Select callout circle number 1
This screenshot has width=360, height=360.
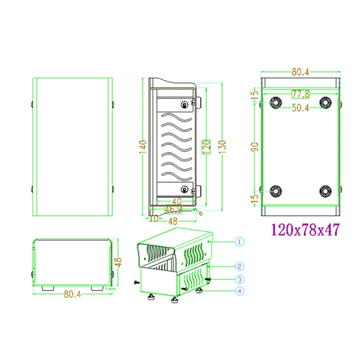pyautogui.click(x=239, y=242)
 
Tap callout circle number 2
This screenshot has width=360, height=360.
pyautogui.click(x=239, y=266)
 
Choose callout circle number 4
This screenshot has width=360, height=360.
pyautogui.click(x=239, y=291)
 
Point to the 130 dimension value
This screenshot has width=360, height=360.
pyautogui.click(x=222, y=147)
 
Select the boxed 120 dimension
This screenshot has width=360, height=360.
pyautogui.click(x=207, y=147)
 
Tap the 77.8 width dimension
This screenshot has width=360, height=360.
pyautogui.click(x=300, y=94)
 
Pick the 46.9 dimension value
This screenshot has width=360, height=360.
pyautogui.click(x=174, y=209)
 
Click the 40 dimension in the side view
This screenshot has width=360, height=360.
pyautogui.click(x=176, y=202)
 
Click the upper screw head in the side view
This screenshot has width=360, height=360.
pyautogui.click(x=184, y=104)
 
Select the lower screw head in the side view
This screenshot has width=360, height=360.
pyautogui.click(x=184, y=188)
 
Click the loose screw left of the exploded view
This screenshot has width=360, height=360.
pyautogui.click(x=137, y=282)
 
